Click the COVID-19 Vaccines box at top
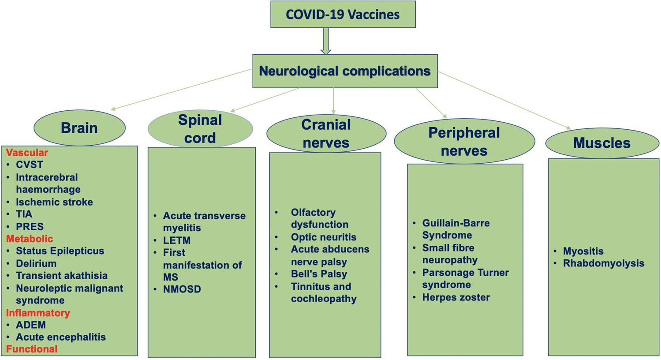tap(343, 15)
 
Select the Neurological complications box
tap(345, 71)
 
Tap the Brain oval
tap(79, 128)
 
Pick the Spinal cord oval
tap(200, 129)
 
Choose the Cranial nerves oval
tap(326, 133)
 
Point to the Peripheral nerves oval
tap(464, 141)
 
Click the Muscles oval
tap(601, 143)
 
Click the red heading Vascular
tap(27, 153)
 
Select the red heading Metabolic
tap(30, 239)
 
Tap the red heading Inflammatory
tap(38, 313)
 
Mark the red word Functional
tap(32, 349)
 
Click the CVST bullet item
tap(30, 165)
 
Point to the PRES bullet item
tap(30, 226)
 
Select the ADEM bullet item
tap(31, 325)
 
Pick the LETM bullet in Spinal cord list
tap(177, 240)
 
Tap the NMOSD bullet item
tap(182, 289)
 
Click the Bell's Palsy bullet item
tap(319, 274)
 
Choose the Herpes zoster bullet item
tap(456, 297)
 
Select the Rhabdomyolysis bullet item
tap(604, 263)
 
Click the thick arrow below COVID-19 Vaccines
tap(326, 41)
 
